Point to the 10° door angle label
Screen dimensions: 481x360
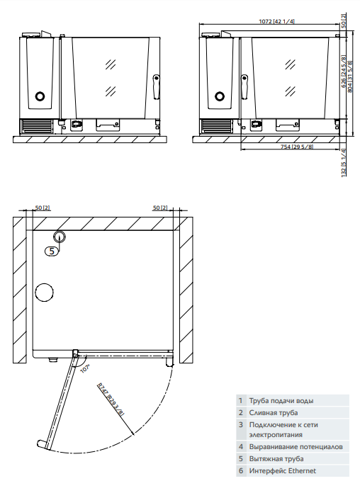point(84,368)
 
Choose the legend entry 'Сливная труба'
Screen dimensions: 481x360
point(273,412)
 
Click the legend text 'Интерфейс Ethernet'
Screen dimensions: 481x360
point(282,470)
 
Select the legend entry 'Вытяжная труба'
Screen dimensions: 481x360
point(277,459)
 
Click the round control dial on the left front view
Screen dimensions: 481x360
point(40,96)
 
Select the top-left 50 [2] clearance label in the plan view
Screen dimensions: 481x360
point(42,208)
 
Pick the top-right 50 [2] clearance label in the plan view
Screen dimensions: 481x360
point(159,208)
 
